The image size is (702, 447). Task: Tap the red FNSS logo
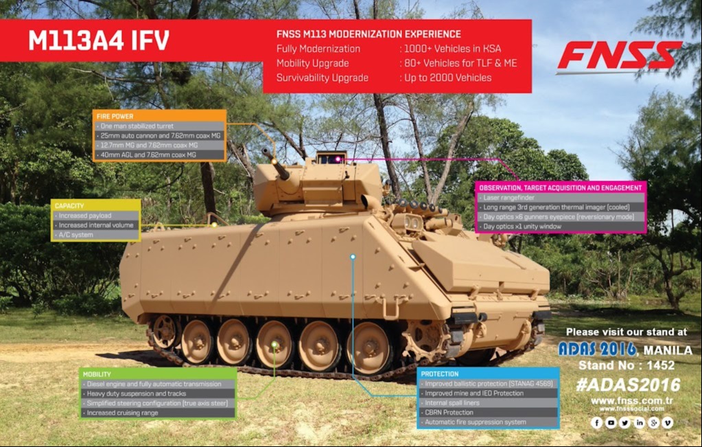click(619, 56)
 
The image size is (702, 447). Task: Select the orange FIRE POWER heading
click(115, 116)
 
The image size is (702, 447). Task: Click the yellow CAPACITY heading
click(69, 205)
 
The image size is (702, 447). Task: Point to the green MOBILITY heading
click(97, 374)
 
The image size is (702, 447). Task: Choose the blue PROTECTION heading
click(441, 374)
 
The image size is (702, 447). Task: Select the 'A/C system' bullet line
click(76, 235)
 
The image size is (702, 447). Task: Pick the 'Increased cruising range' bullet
click(122, 413)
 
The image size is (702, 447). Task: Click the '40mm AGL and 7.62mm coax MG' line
click(148, 155)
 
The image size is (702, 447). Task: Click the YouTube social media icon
click(611, 423)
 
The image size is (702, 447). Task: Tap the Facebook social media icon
click(597, 423)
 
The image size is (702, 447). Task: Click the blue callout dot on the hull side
click(353, 257)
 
